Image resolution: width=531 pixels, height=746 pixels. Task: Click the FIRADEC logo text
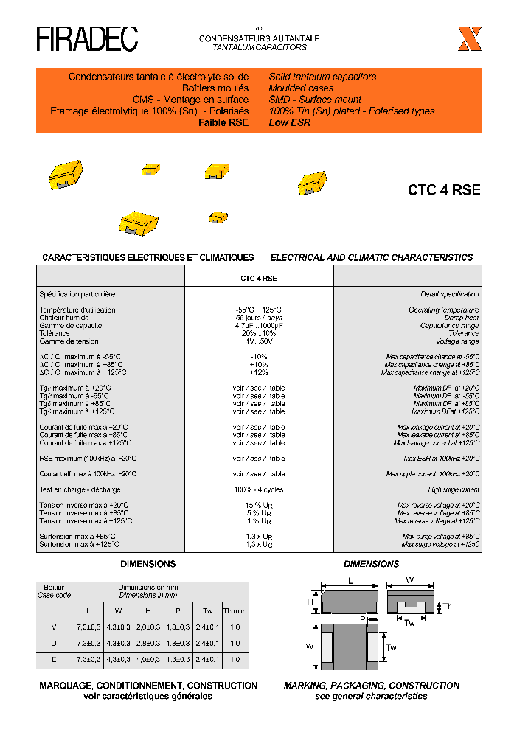[87, 39]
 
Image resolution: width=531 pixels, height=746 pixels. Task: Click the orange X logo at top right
[470, 39]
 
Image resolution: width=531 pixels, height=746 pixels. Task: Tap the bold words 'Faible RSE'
[223, 122]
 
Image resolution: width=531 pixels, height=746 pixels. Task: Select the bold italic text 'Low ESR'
[290, 122]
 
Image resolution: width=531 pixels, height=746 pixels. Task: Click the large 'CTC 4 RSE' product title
[444, 190]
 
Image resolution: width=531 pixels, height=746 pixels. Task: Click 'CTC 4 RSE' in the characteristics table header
[258, 279]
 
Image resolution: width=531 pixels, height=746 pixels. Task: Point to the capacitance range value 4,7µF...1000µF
[258, 326]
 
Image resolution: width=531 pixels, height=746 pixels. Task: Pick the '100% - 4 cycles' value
[258, 489]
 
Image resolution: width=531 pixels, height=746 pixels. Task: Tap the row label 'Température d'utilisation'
[77, 310]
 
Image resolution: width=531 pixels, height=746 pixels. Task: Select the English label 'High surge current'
[454, 489]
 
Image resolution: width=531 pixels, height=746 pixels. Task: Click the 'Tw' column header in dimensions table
[207, 610]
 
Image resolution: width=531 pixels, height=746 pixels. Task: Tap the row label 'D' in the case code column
[54, 643]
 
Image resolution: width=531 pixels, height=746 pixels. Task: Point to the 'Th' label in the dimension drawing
[448, 607]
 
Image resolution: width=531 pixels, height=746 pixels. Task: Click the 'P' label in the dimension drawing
[363, 619]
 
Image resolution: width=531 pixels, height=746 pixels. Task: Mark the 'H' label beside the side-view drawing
[310, 602]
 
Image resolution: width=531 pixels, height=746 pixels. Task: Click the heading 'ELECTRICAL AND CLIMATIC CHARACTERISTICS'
[371, 258]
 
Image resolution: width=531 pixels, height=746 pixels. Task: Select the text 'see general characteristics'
[371, 696]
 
